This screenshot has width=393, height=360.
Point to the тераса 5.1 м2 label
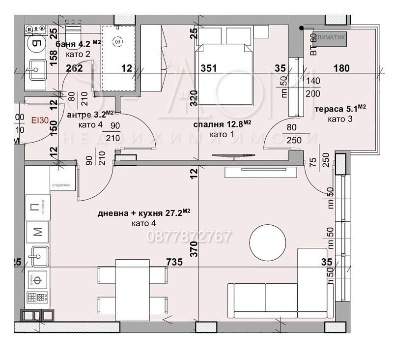[342, 108]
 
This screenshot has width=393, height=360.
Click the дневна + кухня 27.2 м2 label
[143, 213]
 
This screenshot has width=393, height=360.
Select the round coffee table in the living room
[267, 241]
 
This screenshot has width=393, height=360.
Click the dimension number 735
[173, 263]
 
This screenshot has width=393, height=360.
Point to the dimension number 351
[209, 68]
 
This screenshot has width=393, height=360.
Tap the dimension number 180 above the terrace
[342, 68]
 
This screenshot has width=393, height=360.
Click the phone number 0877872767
[189, 237]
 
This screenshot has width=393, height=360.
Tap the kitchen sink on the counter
[37, 255]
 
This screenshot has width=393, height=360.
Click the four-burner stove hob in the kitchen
[37, 298]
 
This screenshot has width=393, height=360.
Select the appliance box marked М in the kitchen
[37, 230]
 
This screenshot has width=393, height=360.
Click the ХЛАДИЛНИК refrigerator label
[63, 185]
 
